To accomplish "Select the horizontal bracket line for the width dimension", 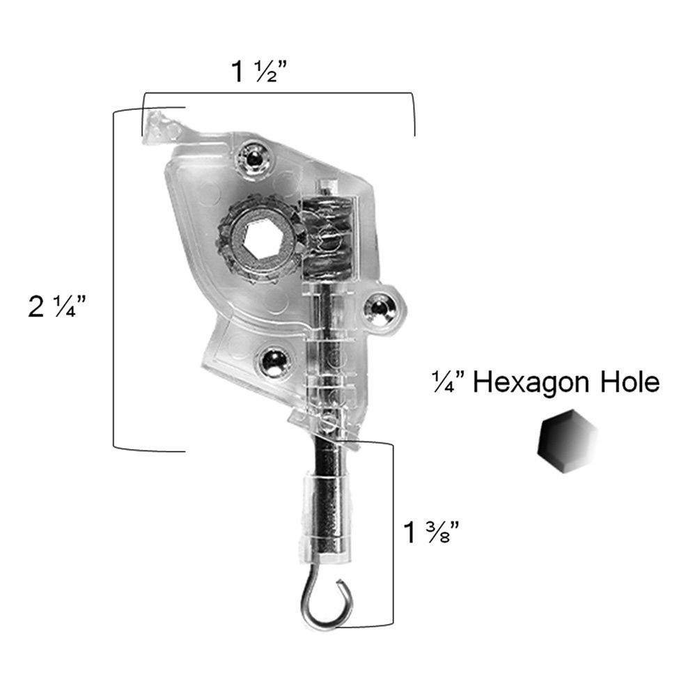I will (279, 93).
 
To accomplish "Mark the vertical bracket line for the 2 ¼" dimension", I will (114, 279).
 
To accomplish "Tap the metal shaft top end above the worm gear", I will (327, 187).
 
